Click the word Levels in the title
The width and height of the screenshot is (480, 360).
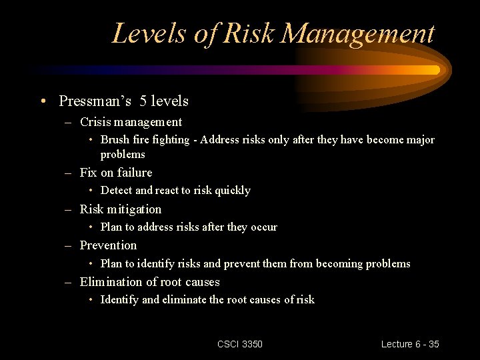click(149, 33)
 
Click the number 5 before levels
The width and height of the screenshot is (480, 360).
click(143, 101)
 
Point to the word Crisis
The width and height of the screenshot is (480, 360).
click(95, 122)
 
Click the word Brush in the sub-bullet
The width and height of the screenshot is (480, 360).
click(115, 140)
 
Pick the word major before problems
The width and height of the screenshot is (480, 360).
click(419, 140)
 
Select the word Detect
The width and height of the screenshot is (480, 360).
click(117, 191)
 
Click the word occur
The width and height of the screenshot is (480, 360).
click(263, 227)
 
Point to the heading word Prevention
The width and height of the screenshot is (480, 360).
click(108, 245)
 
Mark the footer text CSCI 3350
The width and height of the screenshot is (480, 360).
click(240, 344)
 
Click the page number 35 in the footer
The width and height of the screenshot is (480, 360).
click(433, 344)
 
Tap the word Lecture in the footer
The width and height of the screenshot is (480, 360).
click(397, 344)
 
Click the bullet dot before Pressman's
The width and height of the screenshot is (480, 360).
click(43, 102)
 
